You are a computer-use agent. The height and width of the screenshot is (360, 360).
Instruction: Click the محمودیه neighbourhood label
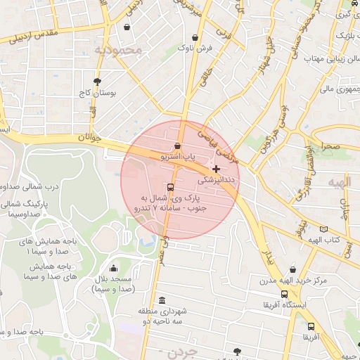point(118,50)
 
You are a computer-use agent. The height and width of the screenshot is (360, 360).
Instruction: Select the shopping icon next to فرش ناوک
point(195,38)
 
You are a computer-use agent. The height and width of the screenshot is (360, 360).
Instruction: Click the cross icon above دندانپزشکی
point(216,169)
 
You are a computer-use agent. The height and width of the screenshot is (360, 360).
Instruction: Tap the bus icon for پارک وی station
point(170,187)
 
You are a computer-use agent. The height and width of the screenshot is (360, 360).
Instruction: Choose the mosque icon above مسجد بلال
point(113,268)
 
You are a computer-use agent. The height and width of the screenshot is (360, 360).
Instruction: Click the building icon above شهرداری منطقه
point(162,300)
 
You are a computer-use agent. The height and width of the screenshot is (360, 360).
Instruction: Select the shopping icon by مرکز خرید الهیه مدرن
point(293,269)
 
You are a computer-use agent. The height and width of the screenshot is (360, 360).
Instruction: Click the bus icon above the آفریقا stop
point(311,326)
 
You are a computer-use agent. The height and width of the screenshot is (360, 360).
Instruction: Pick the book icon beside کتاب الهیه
point(323,229)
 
